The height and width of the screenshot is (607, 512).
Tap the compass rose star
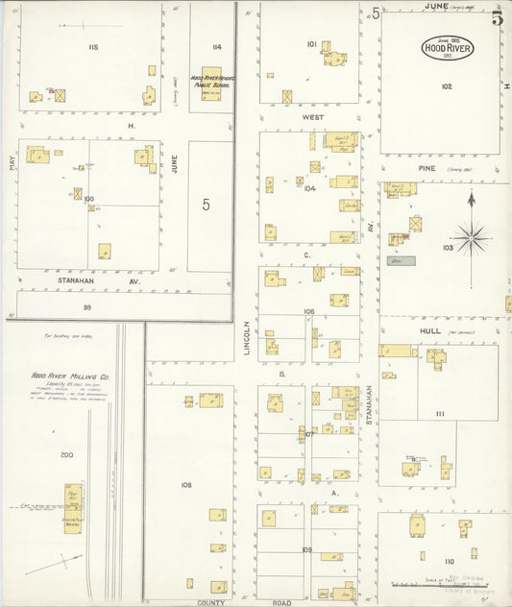point(471,236)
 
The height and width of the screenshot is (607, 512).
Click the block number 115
point(94,46)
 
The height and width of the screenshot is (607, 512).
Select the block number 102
point(447,86)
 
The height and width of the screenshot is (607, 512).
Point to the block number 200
point(66,454)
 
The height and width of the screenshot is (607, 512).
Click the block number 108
point(185,485)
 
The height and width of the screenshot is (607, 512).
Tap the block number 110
point(449,560)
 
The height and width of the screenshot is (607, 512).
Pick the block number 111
point(440,414)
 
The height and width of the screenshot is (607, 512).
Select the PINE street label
point(427,168)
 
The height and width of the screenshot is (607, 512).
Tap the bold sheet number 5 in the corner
point(498,17)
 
